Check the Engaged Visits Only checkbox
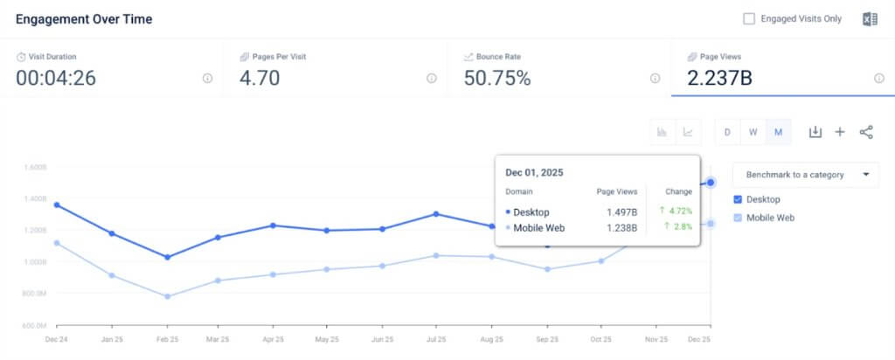coord(748,18)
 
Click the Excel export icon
coord(870,19)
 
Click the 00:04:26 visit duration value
coord(56,79)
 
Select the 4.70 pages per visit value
coord(260,79)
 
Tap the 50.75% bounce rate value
coord(496,79)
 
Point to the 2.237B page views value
coord(719,79)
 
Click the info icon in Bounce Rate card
coord(655,78)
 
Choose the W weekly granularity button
coord(753,132)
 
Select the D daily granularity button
coord(727,132)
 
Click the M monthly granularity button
coord(777,132)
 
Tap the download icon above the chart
coord(815,132)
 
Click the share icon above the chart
coord(866,132)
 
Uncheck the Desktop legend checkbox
coord(739,199)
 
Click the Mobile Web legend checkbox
coord(739,218)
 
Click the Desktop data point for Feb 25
coord(167,257)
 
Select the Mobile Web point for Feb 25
coord(167,296)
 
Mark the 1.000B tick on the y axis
coord(34,261)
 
